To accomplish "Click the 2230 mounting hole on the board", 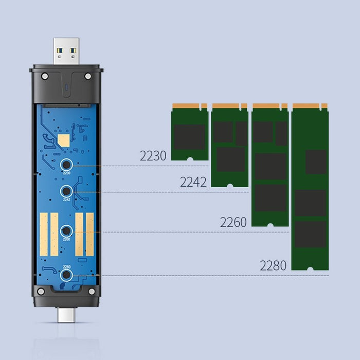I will (x=66, y=165).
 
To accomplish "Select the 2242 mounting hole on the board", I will (x=66, y=192).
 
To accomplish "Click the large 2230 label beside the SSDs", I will (x=153, y=156).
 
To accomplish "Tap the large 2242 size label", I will (x=193, y=182).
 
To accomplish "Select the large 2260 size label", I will (x=233, y=222).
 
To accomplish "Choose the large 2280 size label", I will (x=273, y=266).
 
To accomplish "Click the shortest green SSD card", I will (x=189, y=132).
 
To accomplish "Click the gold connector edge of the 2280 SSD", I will (x=310, y=106).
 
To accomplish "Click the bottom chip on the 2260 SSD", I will (x=271, y=197).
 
